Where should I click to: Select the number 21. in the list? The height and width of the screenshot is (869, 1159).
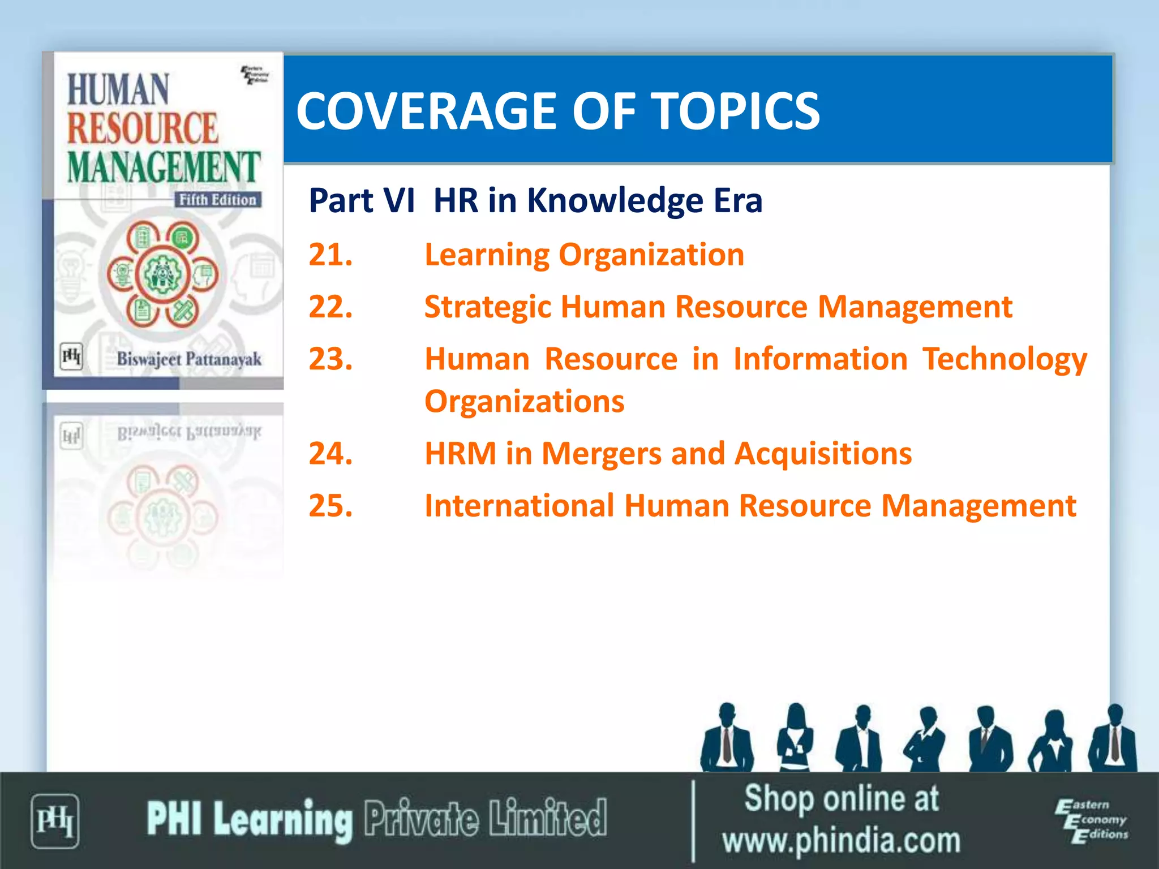tap(330, 255)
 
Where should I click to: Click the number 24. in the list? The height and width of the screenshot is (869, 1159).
tap(330, 454)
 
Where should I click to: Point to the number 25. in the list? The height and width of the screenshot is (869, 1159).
tap(330, 506)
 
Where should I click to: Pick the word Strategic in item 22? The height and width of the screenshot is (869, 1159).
tap(488, 308)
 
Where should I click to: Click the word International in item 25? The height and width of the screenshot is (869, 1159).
tap(519, 506)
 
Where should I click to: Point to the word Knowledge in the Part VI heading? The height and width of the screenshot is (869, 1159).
tap(616, 201)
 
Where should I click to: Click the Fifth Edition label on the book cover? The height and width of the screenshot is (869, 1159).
tap(217, 200)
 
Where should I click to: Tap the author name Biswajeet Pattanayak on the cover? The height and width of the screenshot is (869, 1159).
tap(189, 359)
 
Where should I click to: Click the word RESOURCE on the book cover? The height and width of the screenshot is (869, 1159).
tap(143, 128)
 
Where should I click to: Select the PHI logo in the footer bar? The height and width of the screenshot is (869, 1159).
tap(55, 821)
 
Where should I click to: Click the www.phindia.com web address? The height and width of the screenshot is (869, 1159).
tap(841, 841)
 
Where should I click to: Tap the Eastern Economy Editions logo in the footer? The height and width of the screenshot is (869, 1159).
tap(1091, 820)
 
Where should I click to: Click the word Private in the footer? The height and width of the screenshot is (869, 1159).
tap(421, 818)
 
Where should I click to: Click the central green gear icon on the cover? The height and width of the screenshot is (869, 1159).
tap(162, 275)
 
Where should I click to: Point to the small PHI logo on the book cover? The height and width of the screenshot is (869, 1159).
tap(71, 356)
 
